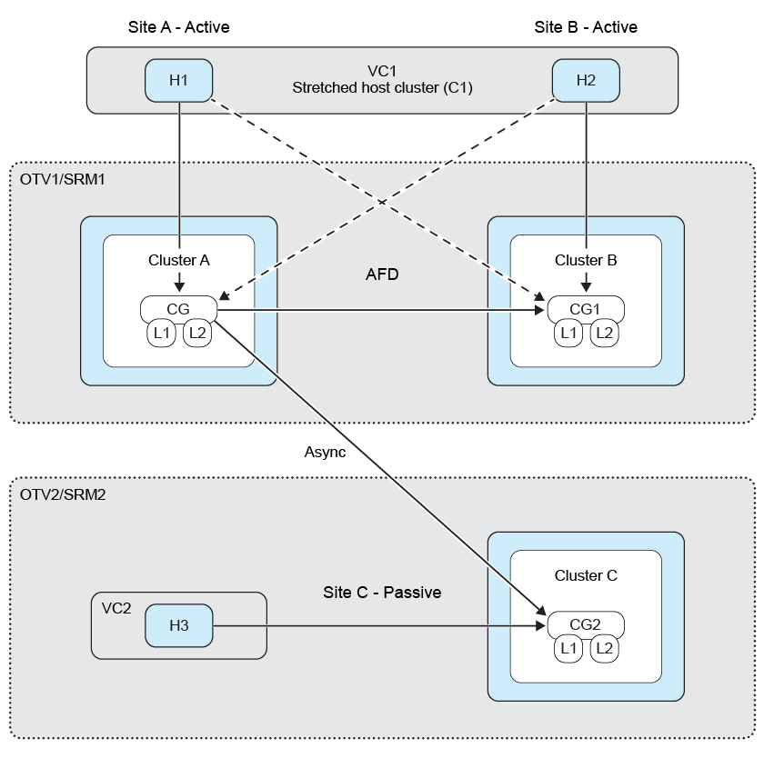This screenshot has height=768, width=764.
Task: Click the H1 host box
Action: click(178, 80)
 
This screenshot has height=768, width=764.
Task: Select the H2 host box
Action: click(586, 80)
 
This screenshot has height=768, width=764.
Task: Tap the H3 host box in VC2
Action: click(178, 625)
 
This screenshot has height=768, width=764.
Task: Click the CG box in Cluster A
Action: click(178, 309)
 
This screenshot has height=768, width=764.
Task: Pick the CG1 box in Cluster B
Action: click(586, 309)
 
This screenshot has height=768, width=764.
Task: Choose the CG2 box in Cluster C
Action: click(586, 624)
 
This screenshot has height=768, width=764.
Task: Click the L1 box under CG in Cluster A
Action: click(163, 334)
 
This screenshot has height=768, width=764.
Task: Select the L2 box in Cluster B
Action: click(603, 334)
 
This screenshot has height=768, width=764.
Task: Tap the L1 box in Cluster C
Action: click(569, 649)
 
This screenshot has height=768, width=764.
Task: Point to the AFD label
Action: click(382, 274)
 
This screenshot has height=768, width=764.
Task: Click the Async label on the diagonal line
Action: click(326, 452)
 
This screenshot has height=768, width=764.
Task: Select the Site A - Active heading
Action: click(178, 27)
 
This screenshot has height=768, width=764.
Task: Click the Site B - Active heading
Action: click(586, 27)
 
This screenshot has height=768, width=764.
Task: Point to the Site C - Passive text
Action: click(382, 593)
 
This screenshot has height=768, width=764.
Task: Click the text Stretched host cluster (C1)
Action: click(382, 88)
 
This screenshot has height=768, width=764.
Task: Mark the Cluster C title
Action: click(586, 576)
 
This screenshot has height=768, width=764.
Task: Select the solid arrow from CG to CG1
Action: click(382, 310)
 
